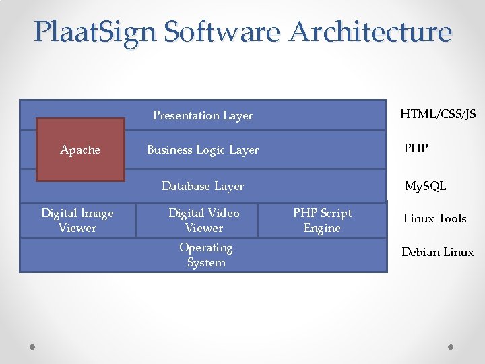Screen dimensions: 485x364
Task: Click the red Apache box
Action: tap(80, 150)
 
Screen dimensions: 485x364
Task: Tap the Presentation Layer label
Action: tap(203, 115)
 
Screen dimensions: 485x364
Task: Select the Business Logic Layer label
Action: tap(203, 150)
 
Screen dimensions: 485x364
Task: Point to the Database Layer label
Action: tap(203, 186)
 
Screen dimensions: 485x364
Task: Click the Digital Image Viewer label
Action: tap(77, 220)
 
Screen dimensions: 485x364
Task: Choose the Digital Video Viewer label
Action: tap(204, 220)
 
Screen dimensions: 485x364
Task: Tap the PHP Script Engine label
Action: tap(322, 220)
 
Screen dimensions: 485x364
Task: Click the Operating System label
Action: tap(206, 255)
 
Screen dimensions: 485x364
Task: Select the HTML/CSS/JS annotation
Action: tap(438, 114)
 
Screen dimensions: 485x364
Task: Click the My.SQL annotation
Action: tap(425, 186)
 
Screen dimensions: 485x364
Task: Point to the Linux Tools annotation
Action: tap(434, 218)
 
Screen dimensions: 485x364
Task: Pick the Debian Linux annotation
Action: tap(438, 252)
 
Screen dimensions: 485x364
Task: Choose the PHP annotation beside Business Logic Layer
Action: tap(416, 148)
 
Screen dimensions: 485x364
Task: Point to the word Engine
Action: tap(322, 229)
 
